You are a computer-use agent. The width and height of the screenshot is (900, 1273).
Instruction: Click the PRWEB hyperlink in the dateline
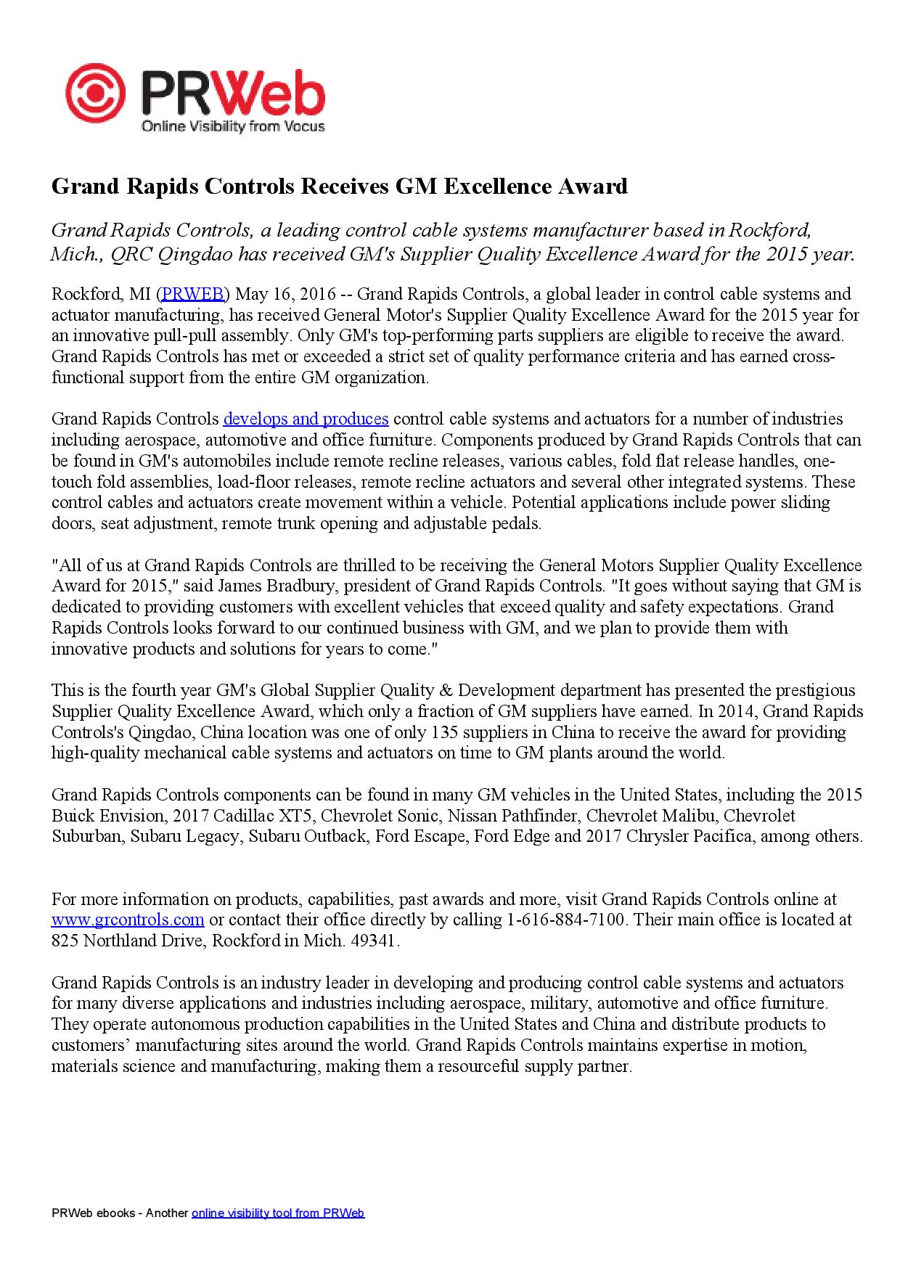tap(192, 294)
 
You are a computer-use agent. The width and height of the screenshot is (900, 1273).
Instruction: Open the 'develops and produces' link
tap(306, 419)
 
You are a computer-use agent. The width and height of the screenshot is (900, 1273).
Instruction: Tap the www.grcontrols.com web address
tap(128, 920)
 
